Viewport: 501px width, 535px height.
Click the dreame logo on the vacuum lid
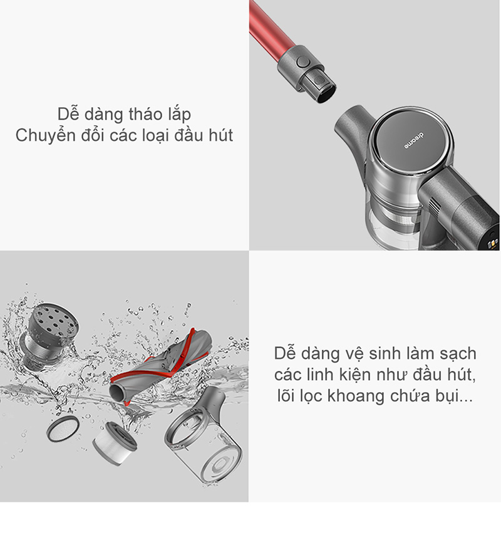click(414, 140)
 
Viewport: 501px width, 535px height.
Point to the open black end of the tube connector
click(326, 93)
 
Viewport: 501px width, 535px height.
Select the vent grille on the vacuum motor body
click(433, 207)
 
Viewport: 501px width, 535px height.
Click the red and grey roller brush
click(160, 366)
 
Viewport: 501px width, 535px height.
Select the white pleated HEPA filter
click(115, 443)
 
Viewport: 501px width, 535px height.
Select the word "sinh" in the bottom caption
click(387, 353)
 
